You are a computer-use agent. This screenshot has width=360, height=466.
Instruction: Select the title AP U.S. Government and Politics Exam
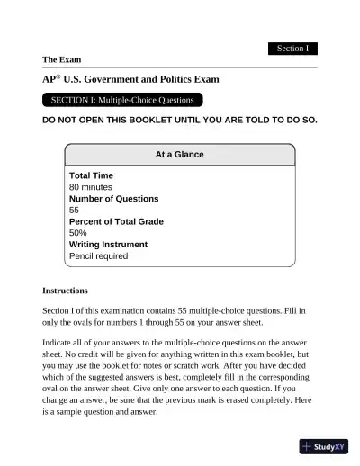point(130,79)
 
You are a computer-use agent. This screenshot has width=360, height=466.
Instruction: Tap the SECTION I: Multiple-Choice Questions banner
point(122,100)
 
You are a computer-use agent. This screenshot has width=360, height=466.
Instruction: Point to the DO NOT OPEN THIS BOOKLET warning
point(179,120)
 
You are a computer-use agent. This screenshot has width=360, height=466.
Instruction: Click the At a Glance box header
point(180,154)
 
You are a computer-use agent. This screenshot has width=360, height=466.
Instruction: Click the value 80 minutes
point(91,186)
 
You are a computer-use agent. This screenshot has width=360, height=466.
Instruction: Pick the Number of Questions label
point(113,198)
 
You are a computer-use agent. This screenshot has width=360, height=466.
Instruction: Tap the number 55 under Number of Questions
point(75,210)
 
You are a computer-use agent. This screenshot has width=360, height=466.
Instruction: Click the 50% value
point(78,233)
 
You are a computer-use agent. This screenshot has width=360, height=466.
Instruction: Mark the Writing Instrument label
point(108,245)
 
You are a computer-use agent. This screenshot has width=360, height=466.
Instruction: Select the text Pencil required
point(98,256)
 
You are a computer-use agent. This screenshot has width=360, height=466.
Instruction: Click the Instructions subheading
point(65,291)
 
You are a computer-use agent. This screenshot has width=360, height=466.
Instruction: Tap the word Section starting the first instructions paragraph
point(58,309)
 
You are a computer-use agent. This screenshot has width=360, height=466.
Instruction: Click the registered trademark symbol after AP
point(59,76)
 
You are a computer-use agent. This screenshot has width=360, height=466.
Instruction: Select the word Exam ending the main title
point(207,79)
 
